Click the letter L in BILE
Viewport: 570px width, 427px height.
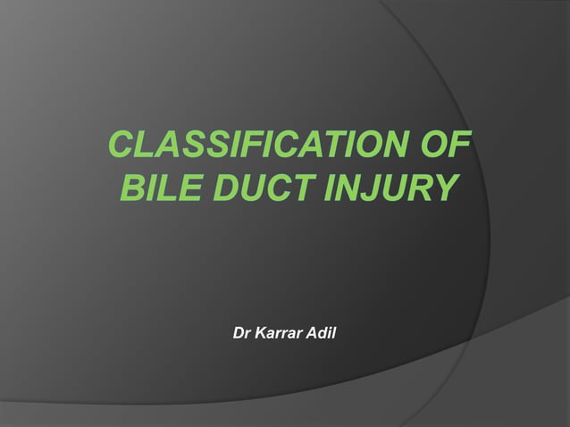(x=162, y=189)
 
